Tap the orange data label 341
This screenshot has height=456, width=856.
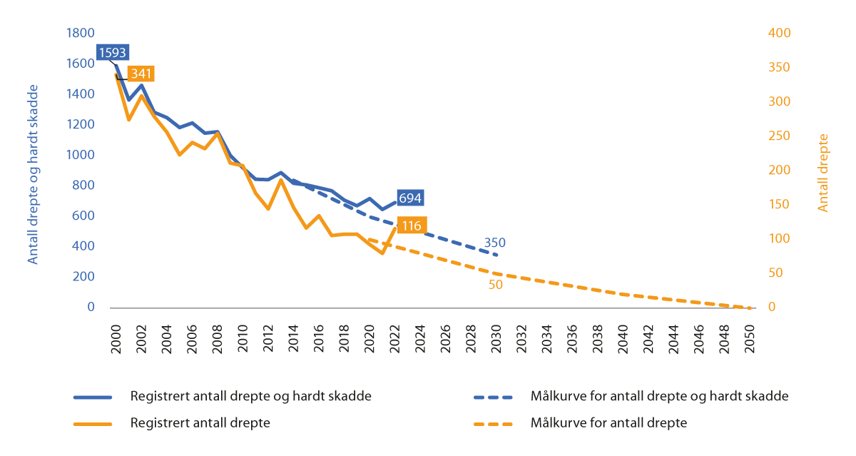pyautogui.click(x=141, y=74)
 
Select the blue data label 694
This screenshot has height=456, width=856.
pyautogui.click(x=409, y=198)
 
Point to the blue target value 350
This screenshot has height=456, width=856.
pyautogui.click(x=495, y=243)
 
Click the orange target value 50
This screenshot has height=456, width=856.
pyautogui.click(x=496, y=284)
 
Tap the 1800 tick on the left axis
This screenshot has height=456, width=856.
pyautogui.click(x=81, y=33)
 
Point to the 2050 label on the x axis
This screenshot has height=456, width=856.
pyautogui.click(x=750, y=335)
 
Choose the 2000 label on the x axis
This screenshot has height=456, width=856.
pyautogui.click(x=116, y=335)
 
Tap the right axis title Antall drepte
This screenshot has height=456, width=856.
pyautogui.click(x=823, y=173)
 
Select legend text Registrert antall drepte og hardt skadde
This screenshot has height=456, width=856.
pyautogui.click(x=250, y=396)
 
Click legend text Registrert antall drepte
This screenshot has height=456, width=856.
pyautogui.click(x=200, y=422)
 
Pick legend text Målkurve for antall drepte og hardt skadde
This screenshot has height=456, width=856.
pyautogui.click(x=659, y=396)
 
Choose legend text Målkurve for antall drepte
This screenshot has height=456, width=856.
pyautogui.click(x=608, y=422)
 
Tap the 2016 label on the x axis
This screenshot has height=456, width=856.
pyautogui.click(x=318, y=335)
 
